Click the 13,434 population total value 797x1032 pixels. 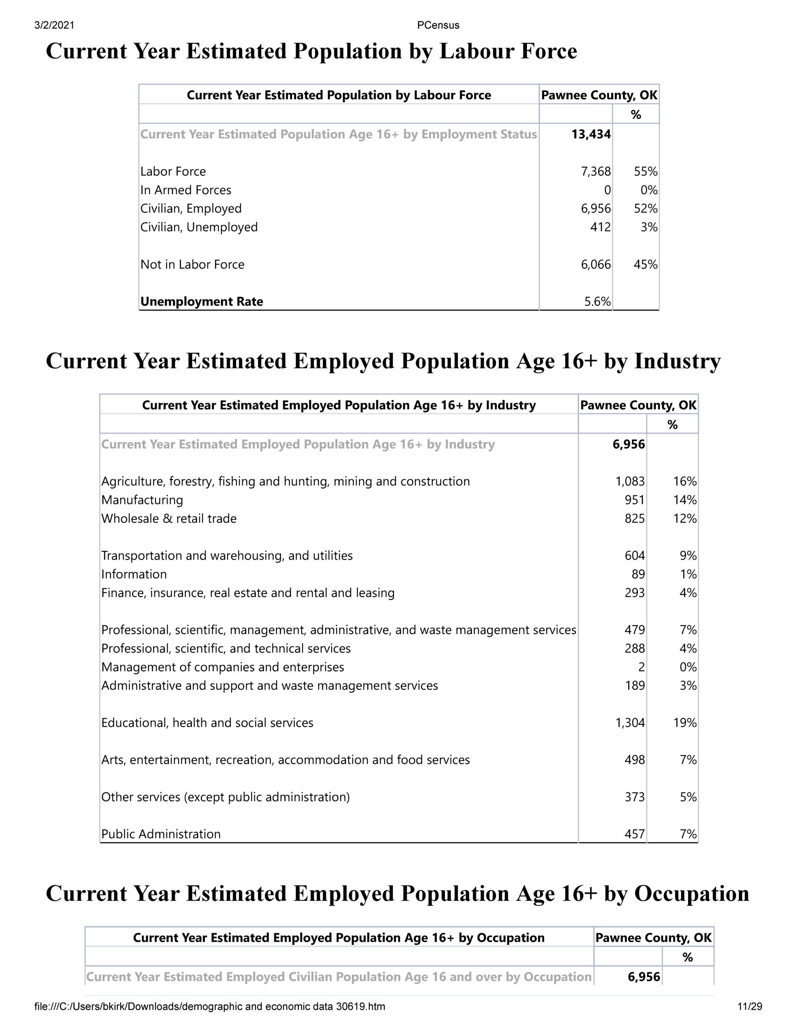click(x=591, y=134)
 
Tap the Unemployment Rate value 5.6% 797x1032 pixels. click(x=597, y=302)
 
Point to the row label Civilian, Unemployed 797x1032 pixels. click(x=199, y=227)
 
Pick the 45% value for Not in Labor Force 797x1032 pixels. click(x=645, y=264)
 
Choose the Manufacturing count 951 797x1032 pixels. click(x=635, y=500)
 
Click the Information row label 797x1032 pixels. click(x=134, y=574)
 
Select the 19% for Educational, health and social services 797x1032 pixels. click(x=685, y=722)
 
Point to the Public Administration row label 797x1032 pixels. click(x=161, y=834)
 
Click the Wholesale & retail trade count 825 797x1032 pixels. click(x=635, y=518)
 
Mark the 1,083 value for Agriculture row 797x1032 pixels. click(x=630, y=481)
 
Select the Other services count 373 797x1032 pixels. click(x=635, y=797)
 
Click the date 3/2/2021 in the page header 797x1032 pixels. click(x=54, y=25)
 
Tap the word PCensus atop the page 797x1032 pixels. click(x=438, y=25)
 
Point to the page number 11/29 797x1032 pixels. click(x=750, y=1007)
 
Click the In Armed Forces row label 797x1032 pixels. click(x=186, y=190)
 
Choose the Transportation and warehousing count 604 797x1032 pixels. click(x=635, y=556)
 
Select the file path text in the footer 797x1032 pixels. click(x=210, y=1007)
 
